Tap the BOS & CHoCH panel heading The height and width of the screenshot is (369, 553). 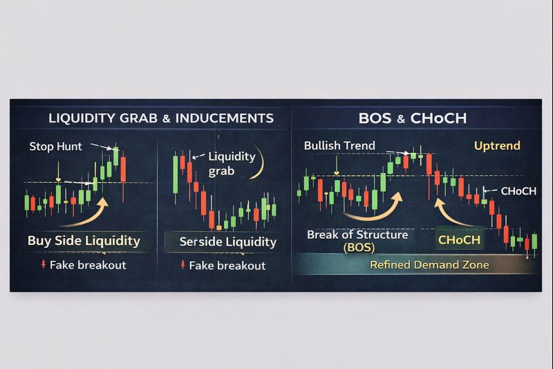pos(413,118)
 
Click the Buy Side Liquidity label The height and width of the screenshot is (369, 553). pos(84,241)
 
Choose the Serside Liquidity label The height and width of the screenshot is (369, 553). pos(227,242)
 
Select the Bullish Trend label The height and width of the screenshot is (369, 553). pos(339,145)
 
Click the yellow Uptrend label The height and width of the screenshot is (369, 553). pos(497,146)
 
